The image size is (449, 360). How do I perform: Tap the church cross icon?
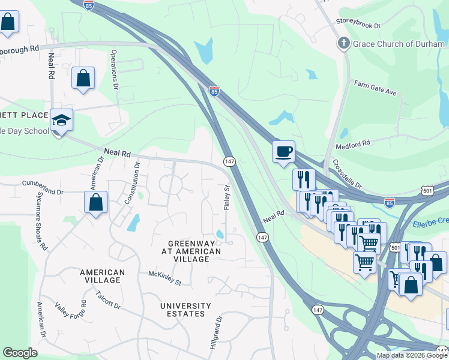pos(343,43)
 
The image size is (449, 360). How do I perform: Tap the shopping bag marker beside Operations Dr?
pos(83,78)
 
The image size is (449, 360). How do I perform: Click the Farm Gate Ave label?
pos(375,88)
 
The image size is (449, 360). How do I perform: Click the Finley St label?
pos(228,196)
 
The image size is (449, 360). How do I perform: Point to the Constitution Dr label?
pos(133,182)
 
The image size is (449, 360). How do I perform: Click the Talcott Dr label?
pos(108,300)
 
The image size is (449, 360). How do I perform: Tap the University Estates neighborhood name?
pos(185,310)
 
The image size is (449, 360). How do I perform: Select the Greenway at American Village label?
pos(191,251)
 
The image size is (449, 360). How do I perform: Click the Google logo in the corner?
pos(20,352)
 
